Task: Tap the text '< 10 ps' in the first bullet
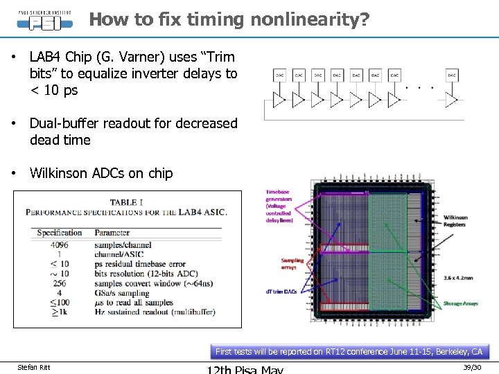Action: [53, 90]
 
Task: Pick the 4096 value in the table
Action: [60, 244]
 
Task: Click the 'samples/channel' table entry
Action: [123, 244]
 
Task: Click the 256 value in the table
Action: [60, 283]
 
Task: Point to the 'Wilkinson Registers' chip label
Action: [455, 221]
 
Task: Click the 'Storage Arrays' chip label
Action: [462, 304]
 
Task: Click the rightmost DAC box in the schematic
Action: [451, 75]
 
